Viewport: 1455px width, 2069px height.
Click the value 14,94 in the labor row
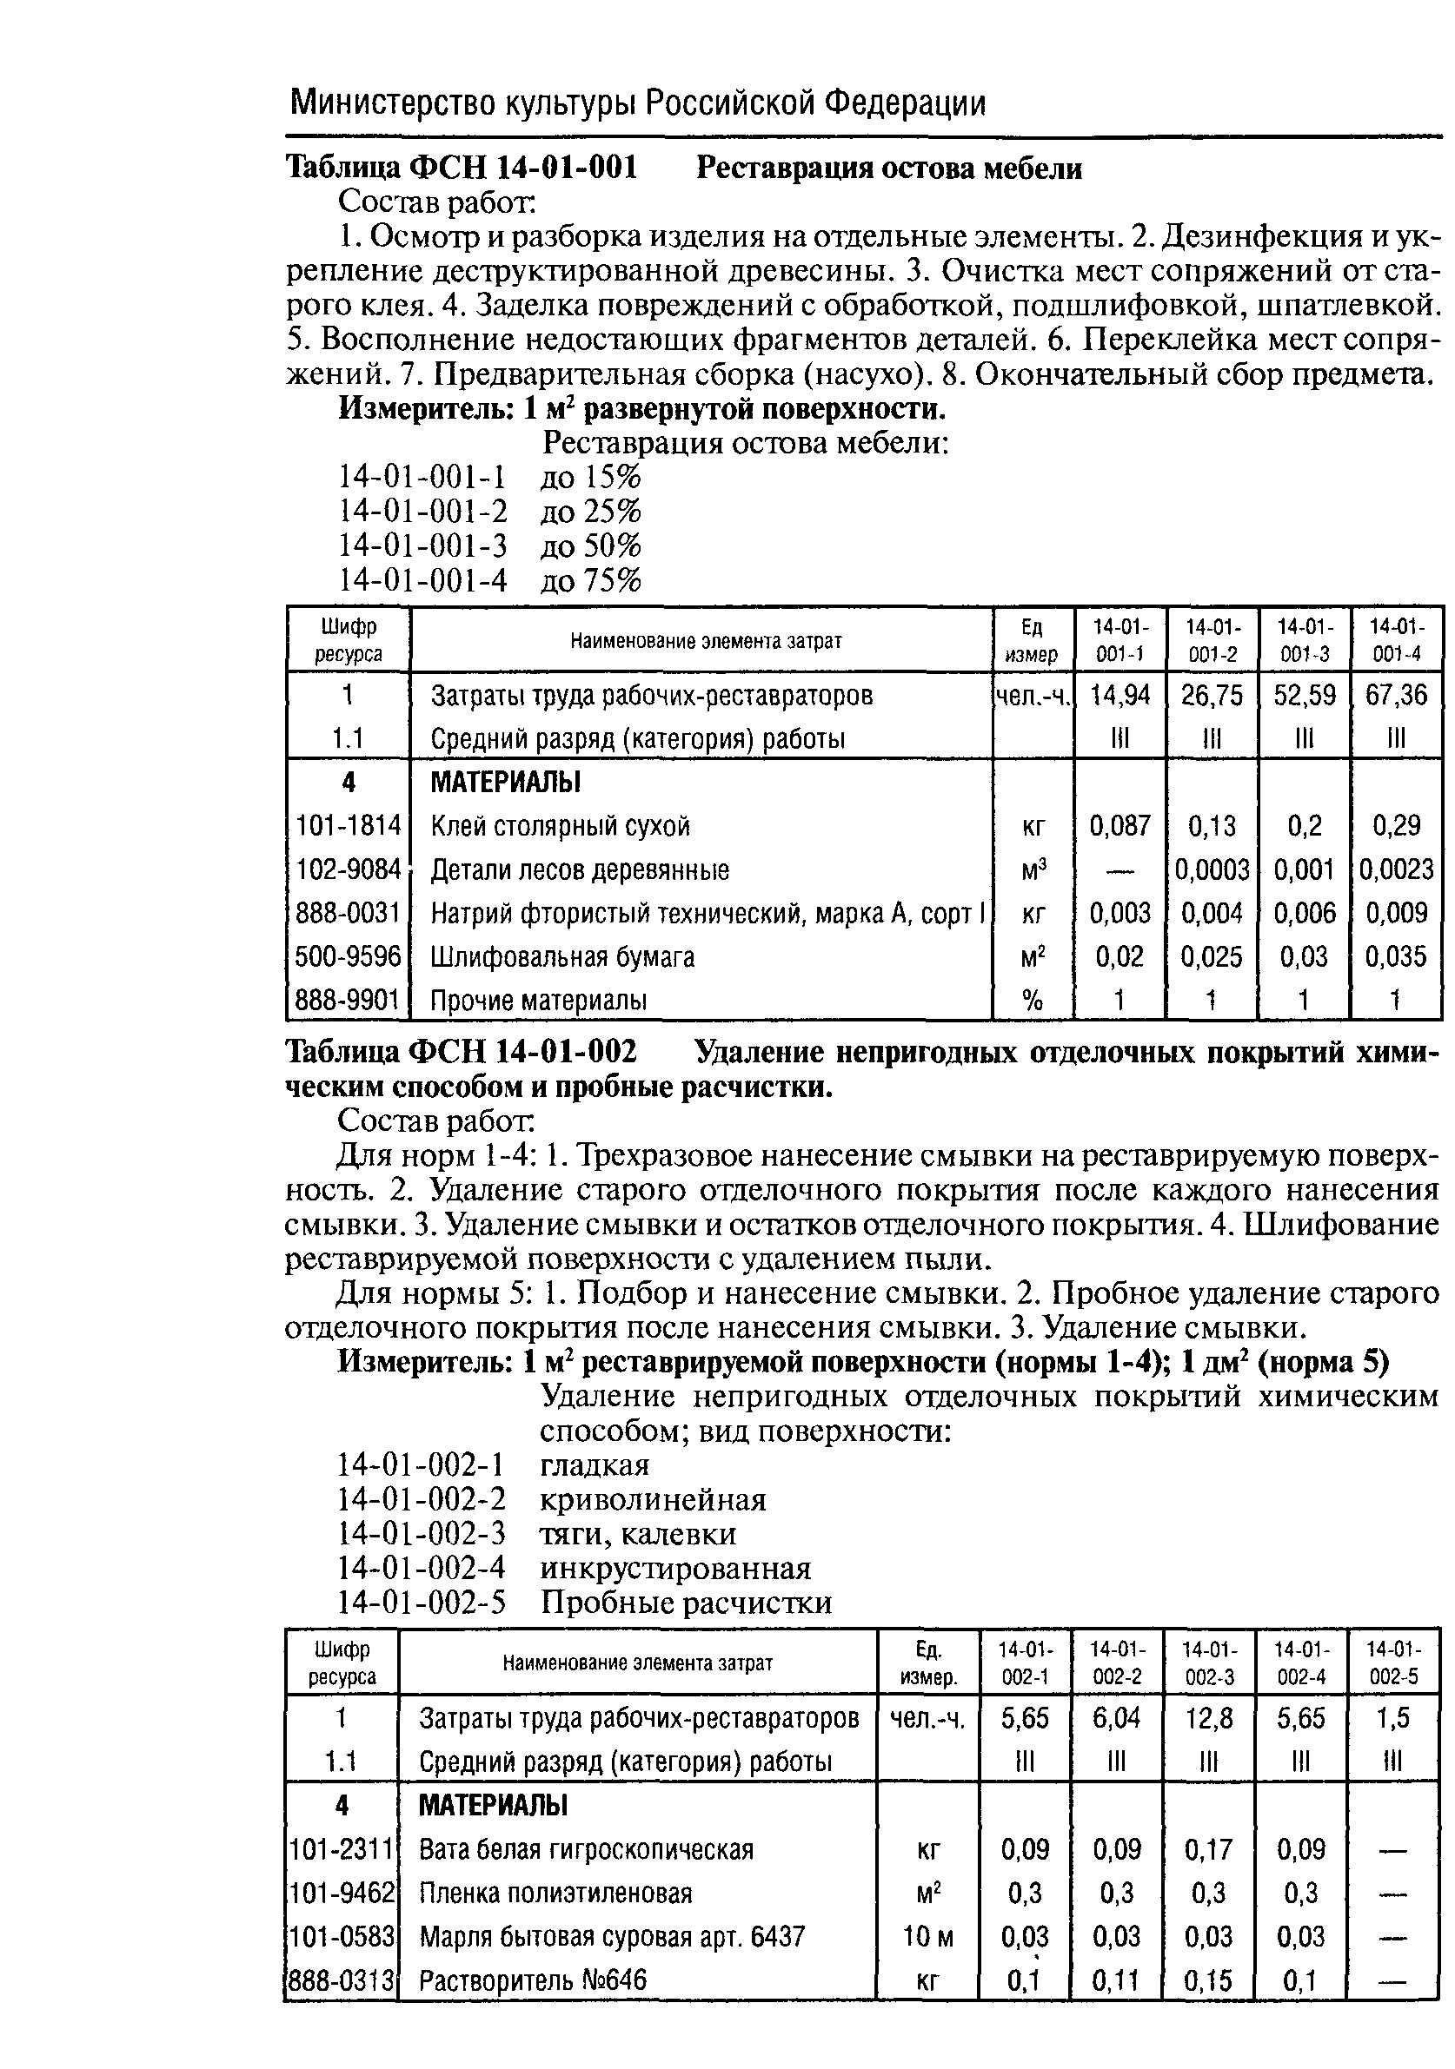(1119, 695)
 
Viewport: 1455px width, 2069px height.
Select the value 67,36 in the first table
(1397, 695)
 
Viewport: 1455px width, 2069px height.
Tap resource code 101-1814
(348, 825)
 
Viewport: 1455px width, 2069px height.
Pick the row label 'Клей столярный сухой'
(560, 825)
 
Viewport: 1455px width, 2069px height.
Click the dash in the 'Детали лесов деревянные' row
(1119, 869)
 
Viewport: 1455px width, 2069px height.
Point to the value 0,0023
(1397, 869)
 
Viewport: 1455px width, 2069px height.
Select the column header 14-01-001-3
(1304, 640)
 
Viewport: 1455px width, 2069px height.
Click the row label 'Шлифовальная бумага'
(562, 956)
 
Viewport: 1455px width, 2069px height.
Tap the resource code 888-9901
(348, 1001)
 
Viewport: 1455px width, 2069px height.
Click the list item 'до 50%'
(590, 546)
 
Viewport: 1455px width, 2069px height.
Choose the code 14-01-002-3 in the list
(421, 1533)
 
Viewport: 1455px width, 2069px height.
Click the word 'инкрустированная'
(675, 1568)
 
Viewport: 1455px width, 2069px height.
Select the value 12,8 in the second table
(1209, 1718)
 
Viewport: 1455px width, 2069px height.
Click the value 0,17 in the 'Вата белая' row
(1209, 1850)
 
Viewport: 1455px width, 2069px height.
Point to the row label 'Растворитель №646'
(533, 1980)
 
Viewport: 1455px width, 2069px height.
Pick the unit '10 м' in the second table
(927, 1935)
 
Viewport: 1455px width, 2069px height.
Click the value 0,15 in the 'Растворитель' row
(1209, 1980)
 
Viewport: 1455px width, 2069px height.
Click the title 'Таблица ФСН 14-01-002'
(461, 1052)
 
